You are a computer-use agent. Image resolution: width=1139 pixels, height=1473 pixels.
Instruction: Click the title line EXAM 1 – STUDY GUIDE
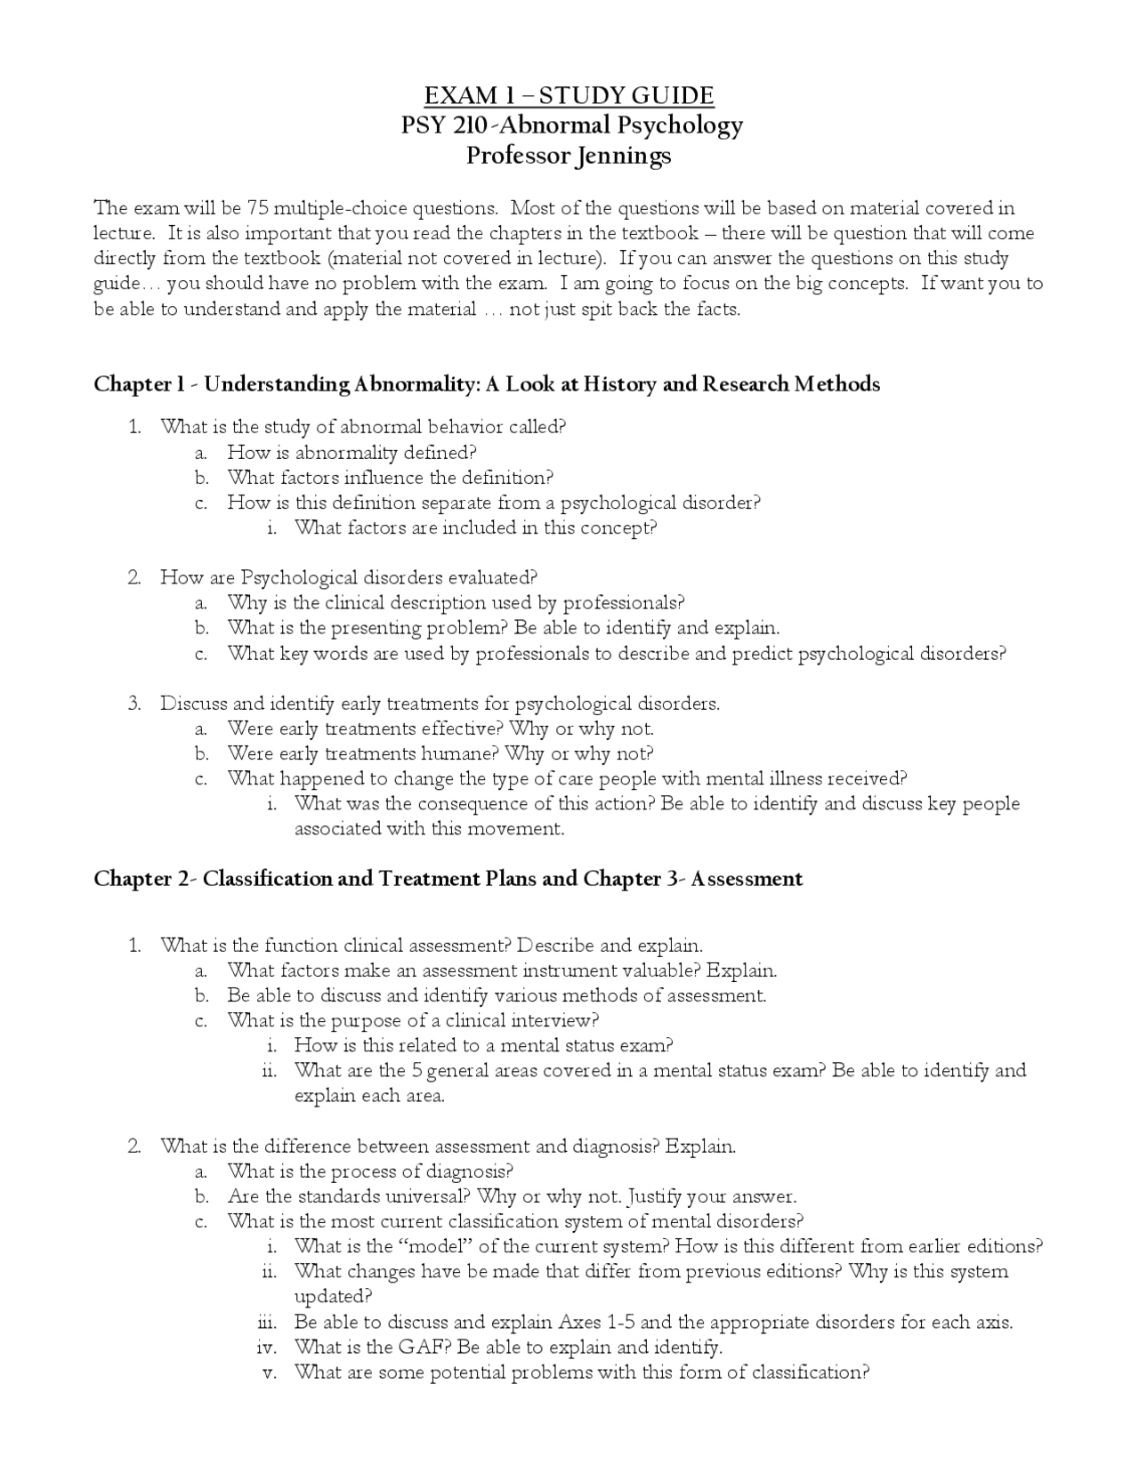(x=569, y=96)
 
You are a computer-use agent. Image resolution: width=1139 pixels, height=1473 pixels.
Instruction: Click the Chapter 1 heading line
(x=487, y=384)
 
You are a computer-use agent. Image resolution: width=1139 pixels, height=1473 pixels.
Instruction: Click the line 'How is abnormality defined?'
(x=351, y=452)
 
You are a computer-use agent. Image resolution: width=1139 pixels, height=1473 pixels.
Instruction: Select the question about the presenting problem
(x=503, y=628)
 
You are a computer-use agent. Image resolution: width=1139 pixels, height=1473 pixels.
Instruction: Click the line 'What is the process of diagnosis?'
(x=370, y=1171)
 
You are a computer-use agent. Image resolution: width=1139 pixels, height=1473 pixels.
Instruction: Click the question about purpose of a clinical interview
(x=413, y=1020)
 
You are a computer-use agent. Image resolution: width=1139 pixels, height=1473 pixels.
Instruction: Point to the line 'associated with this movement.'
(x=429, y=829)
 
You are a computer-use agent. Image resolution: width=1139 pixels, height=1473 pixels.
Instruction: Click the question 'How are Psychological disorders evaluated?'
(x=349, y=578)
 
